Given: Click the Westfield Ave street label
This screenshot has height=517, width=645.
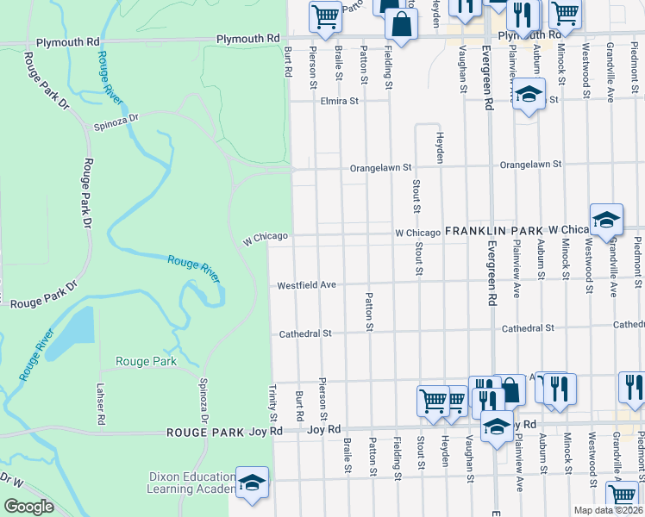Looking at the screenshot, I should tap(305, 285).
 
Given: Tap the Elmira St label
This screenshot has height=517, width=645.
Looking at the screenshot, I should tap(341, 101).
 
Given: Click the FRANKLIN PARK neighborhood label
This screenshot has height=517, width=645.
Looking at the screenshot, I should tap(493, 232).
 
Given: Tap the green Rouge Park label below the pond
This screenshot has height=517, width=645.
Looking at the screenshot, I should tap(146, 361).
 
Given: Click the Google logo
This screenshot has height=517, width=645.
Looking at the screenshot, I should tap(29, 507).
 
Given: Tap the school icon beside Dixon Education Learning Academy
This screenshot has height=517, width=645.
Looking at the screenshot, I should tap(251, 483).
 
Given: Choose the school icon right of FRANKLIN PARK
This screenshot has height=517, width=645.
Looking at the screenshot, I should tap(606, 221).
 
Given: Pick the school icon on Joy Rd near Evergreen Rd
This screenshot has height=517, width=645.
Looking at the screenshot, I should tap(497, 427).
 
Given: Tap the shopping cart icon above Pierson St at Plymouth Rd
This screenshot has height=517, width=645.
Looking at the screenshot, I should tap(325, 16).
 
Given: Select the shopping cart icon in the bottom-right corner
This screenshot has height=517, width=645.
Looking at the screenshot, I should tap(622, 495).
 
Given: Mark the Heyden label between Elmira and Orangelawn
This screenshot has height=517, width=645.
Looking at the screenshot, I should tap(439, 147).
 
